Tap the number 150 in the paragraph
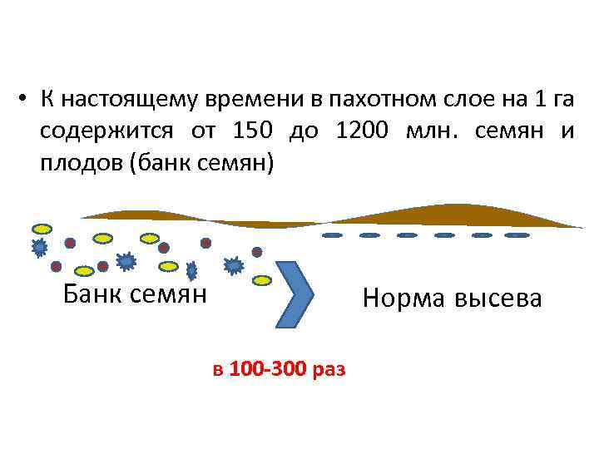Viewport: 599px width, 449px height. (x=254, y=131)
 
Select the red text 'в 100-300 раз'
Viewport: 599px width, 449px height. (x=279, y=368)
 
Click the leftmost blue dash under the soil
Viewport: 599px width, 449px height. (x=332, y=235)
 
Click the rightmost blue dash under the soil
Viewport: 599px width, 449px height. (x=517, y=235)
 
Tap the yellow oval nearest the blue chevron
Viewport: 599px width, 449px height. (x=262, y=280)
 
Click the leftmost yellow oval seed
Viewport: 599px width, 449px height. (x=41, y=227)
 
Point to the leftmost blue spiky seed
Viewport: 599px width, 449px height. (x=38, y=246)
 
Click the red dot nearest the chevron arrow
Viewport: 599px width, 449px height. (x=257, y=251)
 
